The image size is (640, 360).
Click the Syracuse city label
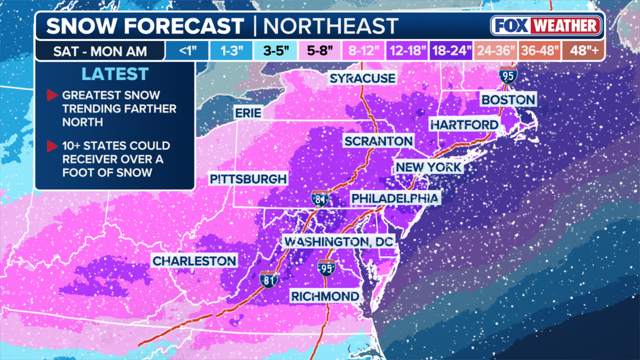tap(363, 78)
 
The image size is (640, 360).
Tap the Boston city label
tap(508, 99)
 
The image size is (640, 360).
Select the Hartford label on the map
tap(464, 125)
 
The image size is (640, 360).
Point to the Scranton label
tap(379, 142)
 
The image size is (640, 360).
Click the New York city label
tap(429, 167)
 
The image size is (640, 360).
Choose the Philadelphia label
tap(395, 198)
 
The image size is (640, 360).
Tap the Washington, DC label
tap(339, 242)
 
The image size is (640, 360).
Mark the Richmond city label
tap(325, 296)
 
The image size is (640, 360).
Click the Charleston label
tap(195, 261)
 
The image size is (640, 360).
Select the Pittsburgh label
tap(248, 179)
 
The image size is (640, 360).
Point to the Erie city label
tap(248, 113)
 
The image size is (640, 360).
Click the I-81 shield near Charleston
tap(269, 279)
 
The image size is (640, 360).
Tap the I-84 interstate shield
tap(321, 199)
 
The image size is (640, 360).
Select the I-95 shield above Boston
tap(508, 75)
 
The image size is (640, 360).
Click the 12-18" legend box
tap(406, 51)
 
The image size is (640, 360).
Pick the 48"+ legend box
tap(584, 51)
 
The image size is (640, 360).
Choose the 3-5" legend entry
tap(276, 51)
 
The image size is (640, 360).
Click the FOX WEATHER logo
tap(546, 26)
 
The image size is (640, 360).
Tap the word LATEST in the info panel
tap(115, 74)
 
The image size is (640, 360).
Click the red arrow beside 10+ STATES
tap(52, 146)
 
